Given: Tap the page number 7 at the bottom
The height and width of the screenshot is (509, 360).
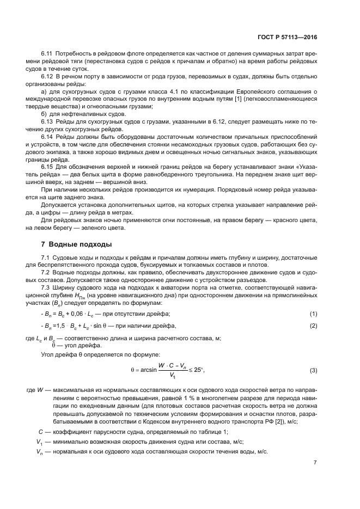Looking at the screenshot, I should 315,462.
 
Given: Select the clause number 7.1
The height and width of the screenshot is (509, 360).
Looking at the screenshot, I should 46,256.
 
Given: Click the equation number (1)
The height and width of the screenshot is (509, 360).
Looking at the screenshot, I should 313,315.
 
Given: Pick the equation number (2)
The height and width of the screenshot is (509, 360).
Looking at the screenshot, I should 313,326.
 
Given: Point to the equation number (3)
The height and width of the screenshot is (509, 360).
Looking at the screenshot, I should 313,370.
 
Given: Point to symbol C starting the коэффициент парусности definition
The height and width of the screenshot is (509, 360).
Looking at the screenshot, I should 34,432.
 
